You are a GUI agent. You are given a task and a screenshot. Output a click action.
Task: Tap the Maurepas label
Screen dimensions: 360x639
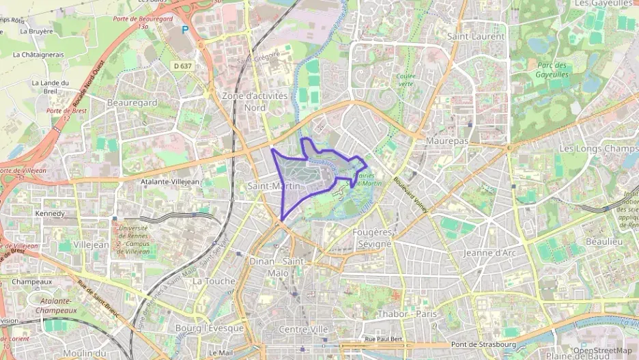point(447,140)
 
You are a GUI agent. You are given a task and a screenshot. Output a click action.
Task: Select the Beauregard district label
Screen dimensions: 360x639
point(132,102)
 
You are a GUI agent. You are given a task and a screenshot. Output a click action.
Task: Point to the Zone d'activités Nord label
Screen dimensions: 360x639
point(255,102)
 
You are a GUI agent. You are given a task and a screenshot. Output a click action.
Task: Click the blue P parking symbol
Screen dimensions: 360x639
point(184,29)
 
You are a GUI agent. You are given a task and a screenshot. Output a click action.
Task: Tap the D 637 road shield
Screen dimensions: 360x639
point(183,66)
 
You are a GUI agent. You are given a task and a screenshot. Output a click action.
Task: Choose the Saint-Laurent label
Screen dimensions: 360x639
point(476,36)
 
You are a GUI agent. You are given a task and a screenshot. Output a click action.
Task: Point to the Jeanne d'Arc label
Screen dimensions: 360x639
point(489,253)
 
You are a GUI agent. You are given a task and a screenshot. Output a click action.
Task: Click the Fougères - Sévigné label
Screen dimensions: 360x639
point(373,238)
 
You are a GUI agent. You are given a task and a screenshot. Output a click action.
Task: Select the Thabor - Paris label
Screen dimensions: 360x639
point(406,314)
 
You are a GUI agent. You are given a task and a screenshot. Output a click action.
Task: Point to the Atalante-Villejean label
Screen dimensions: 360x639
point(169,182)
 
